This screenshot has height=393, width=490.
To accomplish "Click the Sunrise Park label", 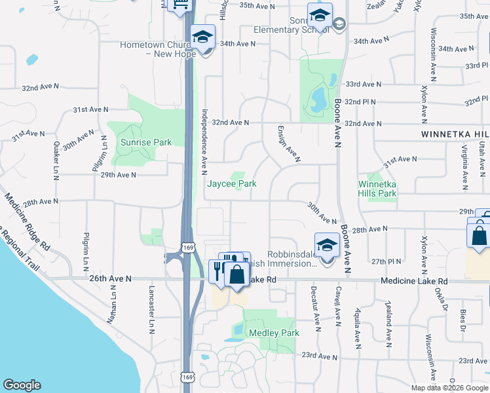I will tap(145, 142).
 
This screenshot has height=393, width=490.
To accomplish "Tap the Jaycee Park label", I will tap(232, 184).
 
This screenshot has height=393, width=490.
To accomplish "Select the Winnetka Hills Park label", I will tap(377, 188).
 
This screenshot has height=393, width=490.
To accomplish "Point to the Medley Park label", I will tap(274, 333).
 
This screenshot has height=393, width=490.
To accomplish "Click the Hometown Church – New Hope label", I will tap(157, 49).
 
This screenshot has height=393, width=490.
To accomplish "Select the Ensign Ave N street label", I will tap(288, 143).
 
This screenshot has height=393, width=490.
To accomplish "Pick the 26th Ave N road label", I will tap(110, 278).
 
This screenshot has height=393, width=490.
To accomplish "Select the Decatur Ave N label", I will tap(316, 309).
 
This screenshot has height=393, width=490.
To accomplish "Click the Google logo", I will tap(21, 385).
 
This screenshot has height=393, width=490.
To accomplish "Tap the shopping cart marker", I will tap(179, 5).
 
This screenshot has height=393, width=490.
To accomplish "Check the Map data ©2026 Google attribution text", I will tap(449, 388).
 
